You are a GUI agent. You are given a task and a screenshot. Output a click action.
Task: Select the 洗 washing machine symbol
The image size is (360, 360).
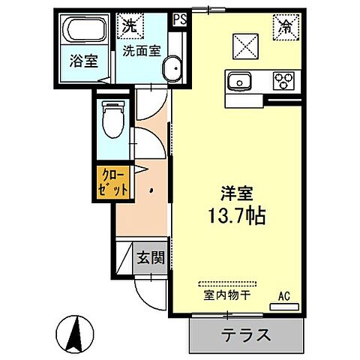[130, 25]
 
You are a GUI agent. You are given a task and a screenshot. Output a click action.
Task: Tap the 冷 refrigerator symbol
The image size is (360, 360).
[285, 26]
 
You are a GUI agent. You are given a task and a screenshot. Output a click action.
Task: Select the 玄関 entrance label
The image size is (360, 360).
[151, 257]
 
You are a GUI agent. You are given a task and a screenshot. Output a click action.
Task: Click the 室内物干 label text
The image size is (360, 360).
[226, 295]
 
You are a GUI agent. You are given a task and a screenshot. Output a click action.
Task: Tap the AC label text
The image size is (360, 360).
[284, 295]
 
